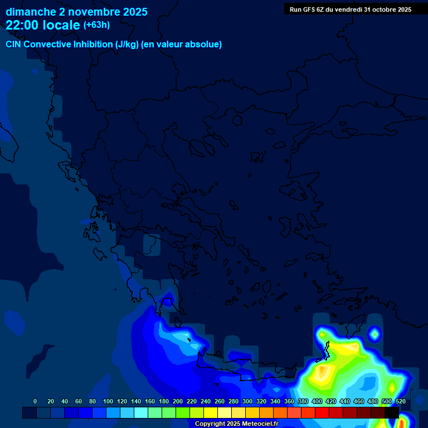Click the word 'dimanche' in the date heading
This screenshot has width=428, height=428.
(31, 12)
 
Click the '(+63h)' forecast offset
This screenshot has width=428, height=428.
(96, 25)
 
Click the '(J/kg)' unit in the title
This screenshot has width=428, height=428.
(127, 45)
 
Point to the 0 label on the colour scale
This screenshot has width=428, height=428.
(35, 402)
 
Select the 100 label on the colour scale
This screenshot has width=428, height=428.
(108, 402)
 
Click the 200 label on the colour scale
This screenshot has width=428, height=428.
(178, 402)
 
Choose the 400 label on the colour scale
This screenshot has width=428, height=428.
(317, 402)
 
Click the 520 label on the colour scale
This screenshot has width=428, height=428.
(400, 402)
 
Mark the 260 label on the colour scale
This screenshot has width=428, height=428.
(220, 402)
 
